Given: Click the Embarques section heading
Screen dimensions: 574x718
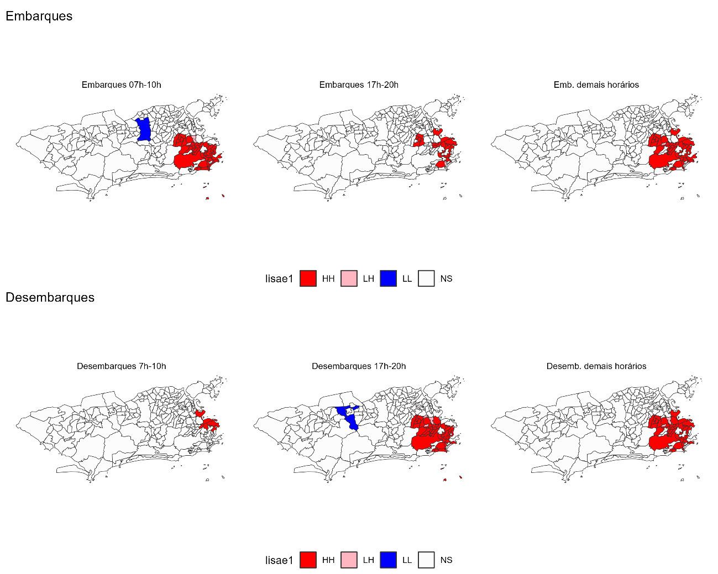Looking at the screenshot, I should [39, 16].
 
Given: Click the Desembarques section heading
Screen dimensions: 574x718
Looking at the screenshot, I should [50, 297].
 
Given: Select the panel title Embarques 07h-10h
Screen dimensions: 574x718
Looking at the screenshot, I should [121, 85].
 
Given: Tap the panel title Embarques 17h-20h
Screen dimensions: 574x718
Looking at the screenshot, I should [359, 85].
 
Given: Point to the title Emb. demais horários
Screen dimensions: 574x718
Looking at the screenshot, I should [596, 85].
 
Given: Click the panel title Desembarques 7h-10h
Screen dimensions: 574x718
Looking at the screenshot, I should [121, 366].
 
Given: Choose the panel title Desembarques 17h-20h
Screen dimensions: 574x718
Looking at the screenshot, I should [359, 366].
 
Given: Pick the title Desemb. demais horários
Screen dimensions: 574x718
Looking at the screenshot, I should [596, 366].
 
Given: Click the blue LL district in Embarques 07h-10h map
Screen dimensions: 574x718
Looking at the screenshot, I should [144, 130].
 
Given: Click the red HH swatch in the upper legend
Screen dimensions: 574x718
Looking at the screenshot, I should [308, 278].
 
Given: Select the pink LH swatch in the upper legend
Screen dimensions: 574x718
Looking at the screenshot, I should [349, 278].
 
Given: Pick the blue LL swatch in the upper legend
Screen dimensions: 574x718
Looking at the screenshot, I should [388, 278].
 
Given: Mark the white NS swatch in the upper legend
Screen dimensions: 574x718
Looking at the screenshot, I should [426, 278].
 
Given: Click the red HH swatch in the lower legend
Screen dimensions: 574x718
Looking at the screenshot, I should [308, 560].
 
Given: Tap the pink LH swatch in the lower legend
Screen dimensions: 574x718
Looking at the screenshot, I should [349, 560].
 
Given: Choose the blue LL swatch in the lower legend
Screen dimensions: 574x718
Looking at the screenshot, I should [388, 560].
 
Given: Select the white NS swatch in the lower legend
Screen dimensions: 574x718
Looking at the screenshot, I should [426, 560].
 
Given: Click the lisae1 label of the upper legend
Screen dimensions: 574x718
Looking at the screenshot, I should [279, 278].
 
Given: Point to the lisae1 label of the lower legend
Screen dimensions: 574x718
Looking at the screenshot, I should [279, 560].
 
